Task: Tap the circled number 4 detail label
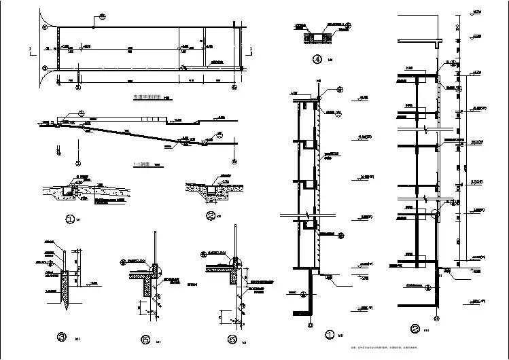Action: [x=317, y=59]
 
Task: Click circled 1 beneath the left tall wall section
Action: [x=330, y=334]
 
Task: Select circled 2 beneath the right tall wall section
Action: [x=415, y=329]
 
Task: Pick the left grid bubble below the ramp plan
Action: [x=77, y=87]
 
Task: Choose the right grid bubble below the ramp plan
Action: [x=234, y=87]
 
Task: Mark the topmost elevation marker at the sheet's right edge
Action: [x=476, y=15]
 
